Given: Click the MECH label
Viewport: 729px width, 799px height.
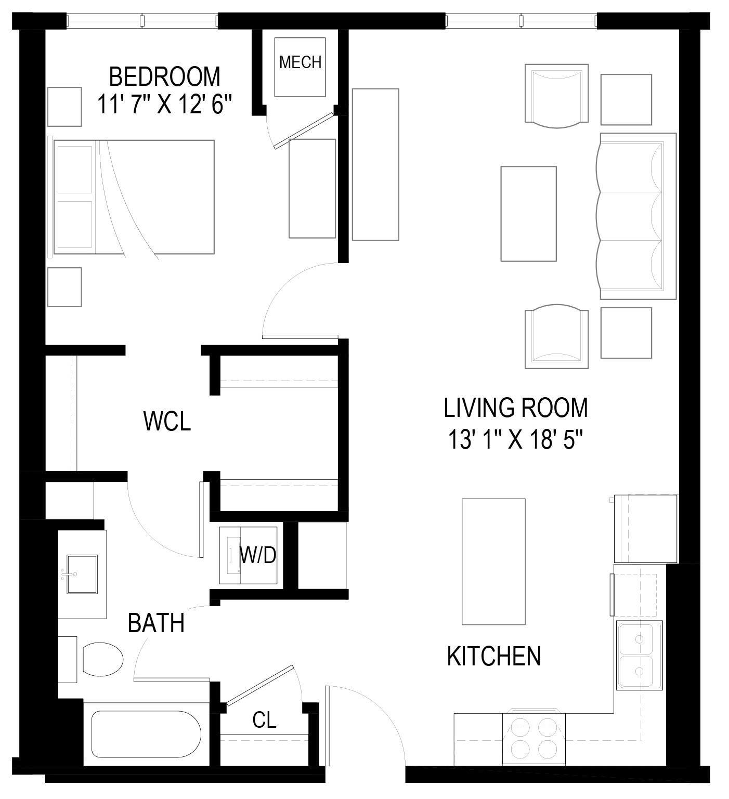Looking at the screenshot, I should tap(300, 62).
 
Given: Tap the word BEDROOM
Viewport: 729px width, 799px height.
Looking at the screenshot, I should tap(164, 76).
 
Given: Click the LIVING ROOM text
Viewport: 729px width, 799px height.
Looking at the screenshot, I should tap(515, 408).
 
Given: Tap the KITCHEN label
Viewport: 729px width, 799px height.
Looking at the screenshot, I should tap(494, 656).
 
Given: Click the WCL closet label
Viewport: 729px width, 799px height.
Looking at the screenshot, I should tap(167, 421).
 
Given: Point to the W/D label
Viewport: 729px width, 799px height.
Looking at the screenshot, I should tap(257, 555).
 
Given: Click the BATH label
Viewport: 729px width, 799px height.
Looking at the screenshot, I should tap(156, 623).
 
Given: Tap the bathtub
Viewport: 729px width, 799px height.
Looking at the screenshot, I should tap(146, 734).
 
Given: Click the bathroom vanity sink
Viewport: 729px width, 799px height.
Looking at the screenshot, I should tap(82, 574).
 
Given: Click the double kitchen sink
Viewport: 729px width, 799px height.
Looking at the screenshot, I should tap(639, 655).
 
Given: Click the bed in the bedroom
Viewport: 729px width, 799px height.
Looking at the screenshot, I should tap(134, 197).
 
